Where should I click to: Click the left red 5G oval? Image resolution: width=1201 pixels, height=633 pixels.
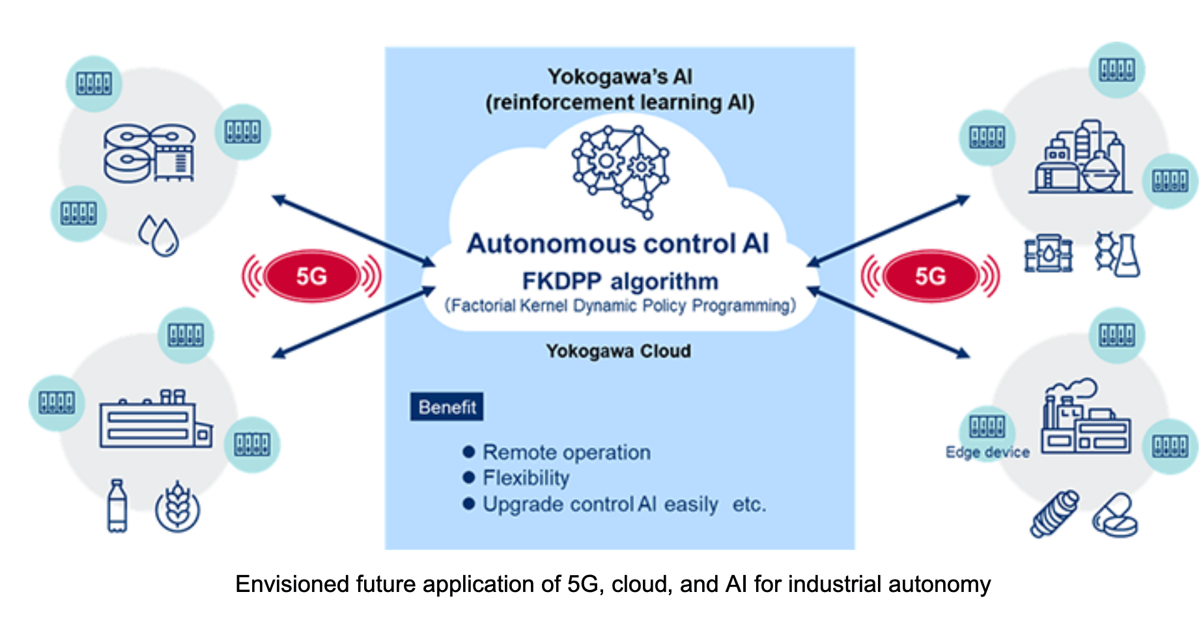click(311, 276)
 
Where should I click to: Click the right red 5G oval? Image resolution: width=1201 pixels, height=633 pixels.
click(930, 276)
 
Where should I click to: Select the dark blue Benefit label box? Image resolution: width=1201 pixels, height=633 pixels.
click(447, 407)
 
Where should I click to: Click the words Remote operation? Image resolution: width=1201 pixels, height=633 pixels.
click(566, 452)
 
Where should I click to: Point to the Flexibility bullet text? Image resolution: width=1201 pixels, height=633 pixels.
click(526, 478)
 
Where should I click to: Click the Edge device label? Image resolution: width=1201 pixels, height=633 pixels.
click(987, 453)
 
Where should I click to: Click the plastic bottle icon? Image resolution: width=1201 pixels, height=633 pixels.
click(117, 506)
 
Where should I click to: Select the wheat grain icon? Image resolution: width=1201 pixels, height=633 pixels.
click(177, 507)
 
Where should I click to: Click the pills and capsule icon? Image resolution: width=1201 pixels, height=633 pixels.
click(1114, 515)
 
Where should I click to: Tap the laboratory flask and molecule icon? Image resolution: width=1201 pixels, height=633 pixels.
click(1118, 254)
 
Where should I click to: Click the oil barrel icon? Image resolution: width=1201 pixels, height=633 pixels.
click(1048, 253)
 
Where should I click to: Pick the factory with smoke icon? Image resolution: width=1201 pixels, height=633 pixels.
click(1084, 417)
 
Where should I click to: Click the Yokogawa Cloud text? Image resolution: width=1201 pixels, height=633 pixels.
click(618, 351)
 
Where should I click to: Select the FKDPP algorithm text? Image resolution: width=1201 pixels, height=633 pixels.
click(619, 281)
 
